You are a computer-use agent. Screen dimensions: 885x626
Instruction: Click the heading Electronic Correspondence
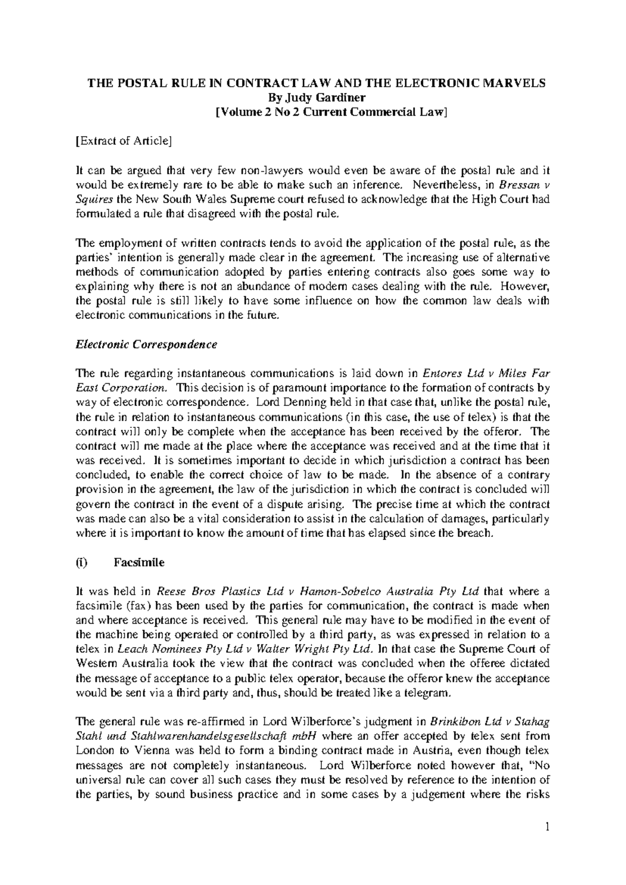point(147,345)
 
